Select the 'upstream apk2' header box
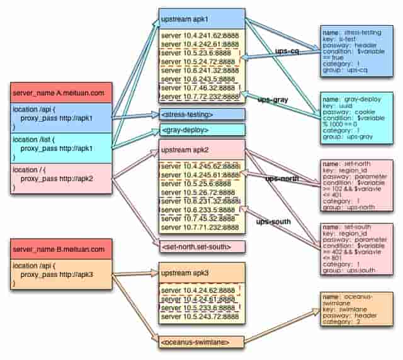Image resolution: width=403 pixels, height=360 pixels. (201, 152)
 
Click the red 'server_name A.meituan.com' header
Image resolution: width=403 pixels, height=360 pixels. (61, 94)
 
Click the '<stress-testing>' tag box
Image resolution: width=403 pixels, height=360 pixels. (201, 115)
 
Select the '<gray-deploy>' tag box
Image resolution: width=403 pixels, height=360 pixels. (201, 130)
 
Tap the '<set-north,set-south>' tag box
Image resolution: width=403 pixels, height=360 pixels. (201, 247)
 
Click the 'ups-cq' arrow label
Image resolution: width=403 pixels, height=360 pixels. (287, 50)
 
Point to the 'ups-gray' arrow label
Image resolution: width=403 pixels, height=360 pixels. (272, 99)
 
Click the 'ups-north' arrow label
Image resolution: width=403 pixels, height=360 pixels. (281, 179)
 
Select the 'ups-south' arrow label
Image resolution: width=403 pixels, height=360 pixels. (272, 222)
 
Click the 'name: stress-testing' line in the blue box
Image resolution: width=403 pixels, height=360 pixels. (354, 31)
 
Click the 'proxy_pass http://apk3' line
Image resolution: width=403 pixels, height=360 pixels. (61, 275)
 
